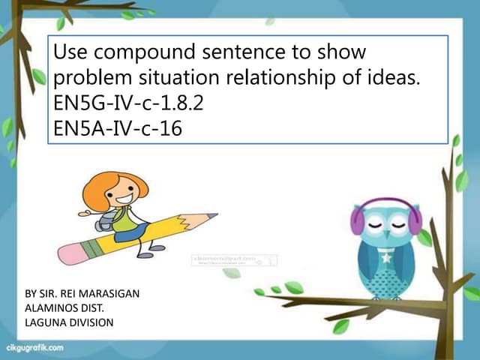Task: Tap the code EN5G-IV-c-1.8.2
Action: pyautogui.click(x=130, y=102)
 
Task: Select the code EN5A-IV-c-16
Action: pyautogui.click(x=118, y=127)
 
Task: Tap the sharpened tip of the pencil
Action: pyautogui.click(x=214, y=215)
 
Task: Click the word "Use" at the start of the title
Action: pyautogui.click(x=70, y=53)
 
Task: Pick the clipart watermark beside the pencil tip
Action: pyautogui.click(x=235, y=260)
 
